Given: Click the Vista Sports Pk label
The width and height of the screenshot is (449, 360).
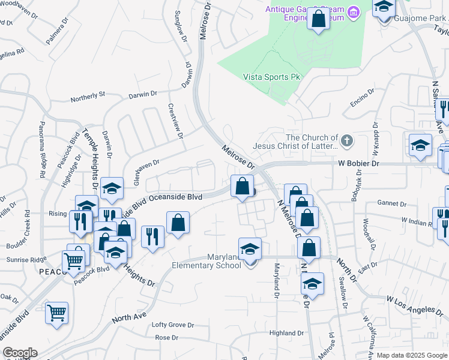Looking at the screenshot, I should tap(271, 77).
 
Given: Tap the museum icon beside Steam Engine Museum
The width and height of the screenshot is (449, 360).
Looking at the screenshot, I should tap(353, 12).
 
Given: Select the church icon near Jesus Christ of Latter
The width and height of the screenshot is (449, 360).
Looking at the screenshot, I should tap(346, 142).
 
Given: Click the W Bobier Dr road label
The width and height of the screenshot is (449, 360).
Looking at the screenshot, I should tap(358, 163).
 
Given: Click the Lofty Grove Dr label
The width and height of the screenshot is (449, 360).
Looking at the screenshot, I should tap(173, 325).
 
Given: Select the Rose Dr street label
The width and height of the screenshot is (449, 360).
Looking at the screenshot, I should tap(164, 337).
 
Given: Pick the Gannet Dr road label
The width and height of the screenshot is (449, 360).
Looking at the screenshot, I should tap(393, 203).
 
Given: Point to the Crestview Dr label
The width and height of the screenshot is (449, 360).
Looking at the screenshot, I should tap(175, 121).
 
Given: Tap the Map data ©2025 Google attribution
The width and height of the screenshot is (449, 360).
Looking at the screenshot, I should tap(412, 355).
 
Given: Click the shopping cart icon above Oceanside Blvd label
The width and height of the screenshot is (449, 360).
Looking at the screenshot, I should tap(56, 313).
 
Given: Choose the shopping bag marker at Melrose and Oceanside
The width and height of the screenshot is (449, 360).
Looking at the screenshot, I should tap(242, 186).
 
